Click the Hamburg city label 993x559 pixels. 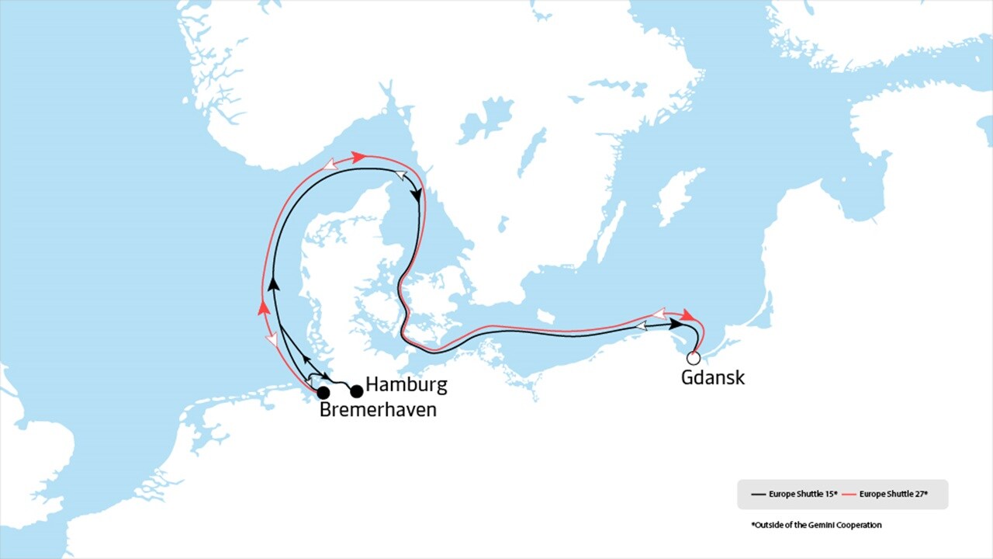pos(406,384)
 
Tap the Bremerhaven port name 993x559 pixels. pos(378,409)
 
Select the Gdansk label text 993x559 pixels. pos(712,378)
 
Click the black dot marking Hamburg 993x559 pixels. pos(357,391)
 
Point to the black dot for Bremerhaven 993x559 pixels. pos(324,393)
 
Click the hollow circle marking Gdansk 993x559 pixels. pos(694,358)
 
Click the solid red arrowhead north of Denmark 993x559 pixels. pos(358,157)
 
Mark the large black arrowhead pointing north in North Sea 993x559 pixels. pos(274,284)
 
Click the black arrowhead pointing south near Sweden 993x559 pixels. pos(419,196)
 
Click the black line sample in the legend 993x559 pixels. pos(758,494)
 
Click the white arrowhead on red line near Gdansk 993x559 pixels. pos(658,314)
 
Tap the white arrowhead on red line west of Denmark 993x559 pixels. pos(272,340)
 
